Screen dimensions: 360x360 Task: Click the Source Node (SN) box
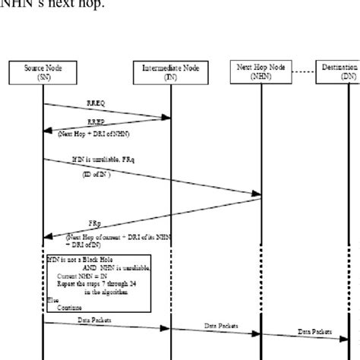44,72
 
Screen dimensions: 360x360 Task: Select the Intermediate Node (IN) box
170,73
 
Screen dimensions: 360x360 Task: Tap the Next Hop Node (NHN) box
261,71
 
